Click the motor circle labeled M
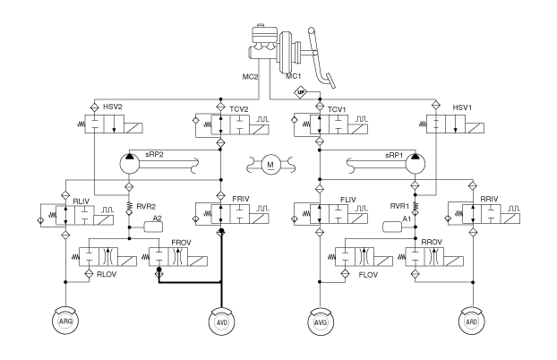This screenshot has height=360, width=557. tap(270, 165)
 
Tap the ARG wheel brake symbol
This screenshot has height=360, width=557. tap(65, 321)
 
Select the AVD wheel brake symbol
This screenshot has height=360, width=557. tap(222, 322)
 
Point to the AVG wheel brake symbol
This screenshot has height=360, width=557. tap(321, 322)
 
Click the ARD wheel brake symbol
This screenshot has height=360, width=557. tap(472, 321)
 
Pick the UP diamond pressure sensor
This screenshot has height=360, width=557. tap(301, 93)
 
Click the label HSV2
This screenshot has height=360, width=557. tap(113, 107)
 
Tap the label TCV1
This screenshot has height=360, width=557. tap(337, 109)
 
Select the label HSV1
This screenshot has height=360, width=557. tap(462, 107)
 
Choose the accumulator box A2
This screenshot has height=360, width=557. tap(153, 227)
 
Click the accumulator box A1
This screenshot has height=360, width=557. tap(392, 227)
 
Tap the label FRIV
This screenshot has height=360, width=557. tap(241, 199)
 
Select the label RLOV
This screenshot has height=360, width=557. tap(107, 275)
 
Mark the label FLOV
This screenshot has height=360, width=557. tap(368, 275)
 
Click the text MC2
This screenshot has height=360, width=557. tap(250, 76)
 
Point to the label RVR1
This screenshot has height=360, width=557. tap(399, 206)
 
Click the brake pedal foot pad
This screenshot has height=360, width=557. tap(330, 81)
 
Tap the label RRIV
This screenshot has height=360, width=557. tap(489, 199)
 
